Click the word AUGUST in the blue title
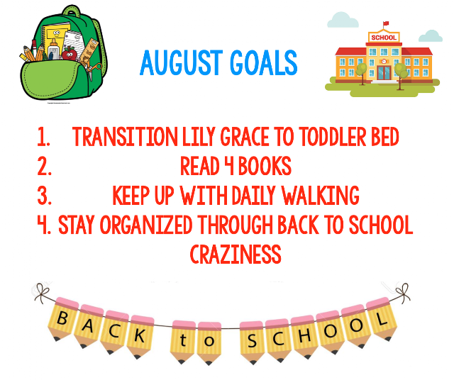pyautogui.click(x=182, y=63)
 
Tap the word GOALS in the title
pyautogui.click(x=264, y=63)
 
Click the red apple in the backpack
pyautogui.click(x=70, y=53)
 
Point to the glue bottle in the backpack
pyautogui.click(x=54, y=50)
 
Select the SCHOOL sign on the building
pyautogui.click(x=384, y=38)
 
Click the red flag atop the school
pyautogui.click(x=386, y=23)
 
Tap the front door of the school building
pyautogui.click(x=384, y=72)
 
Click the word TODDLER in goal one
pyautogui.click(x=333, y=137)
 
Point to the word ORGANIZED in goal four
pyautogui.click(x=146, y=225)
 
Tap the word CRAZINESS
pyautogui.click(x=236, y=254)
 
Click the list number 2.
pyautogui.click(x=44, y=166)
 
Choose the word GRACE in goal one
pyautogui.click(x=245, y=137)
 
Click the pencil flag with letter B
pyautogui.click(x=62, y=318)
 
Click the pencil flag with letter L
pyautogui.click(x=382, y=318)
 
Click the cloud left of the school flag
pyautogui.click(x=343, y=20)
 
